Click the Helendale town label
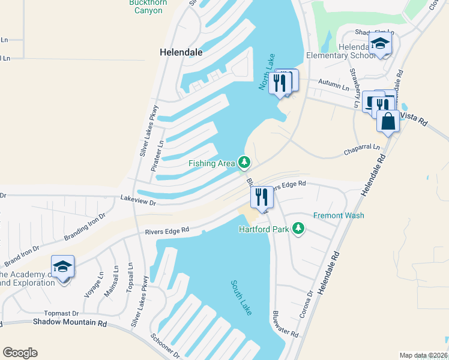coord(181,52)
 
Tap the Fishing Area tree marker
coord(244,162)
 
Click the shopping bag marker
coord(388,121)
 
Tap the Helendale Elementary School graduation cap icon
coord(380,44)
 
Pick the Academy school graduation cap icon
coord(62,267)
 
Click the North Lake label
coord(266,76)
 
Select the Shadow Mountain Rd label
coord(70,323)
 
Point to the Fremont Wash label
coord(339,215)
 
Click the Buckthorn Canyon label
coord(146,7)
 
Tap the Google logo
coord(20,352)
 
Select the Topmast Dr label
coord(62,313)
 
